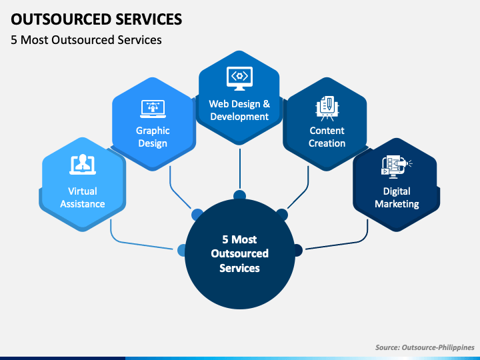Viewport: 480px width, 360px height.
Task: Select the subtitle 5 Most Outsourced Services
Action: point(86,40)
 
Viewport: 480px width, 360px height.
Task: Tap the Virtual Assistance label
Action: point(83,197)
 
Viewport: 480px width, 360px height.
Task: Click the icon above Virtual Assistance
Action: point(83,165)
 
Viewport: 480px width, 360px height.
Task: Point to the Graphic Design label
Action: point(153,137)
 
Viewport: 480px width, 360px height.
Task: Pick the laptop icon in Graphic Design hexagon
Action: point(153,107)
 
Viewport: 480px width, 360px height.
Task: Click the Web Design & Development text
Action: point(239,110)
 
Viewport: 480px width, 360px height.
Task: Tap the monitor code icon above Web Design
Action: point(239,77)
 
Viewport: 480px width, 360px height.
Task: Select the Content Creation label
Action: point(327,137)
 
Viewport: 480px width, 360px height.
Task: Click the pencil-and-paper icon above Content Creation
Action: point(327,107)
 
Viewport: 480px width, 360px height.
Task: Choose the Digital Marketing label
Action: point(397,197)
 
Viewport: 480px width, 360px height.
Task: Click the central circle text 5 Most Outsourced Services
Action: point(239,253)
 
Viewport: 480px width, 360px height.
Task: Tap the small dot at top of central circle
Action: point(239,195)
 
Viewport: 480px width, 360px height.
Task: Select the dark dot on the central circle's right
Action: point(297,250)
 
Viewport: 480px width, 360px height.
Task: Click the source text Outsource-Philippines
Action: point(425,347)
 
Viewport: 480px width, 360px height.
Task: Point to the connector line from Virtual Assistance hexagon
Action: point(133,243)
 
